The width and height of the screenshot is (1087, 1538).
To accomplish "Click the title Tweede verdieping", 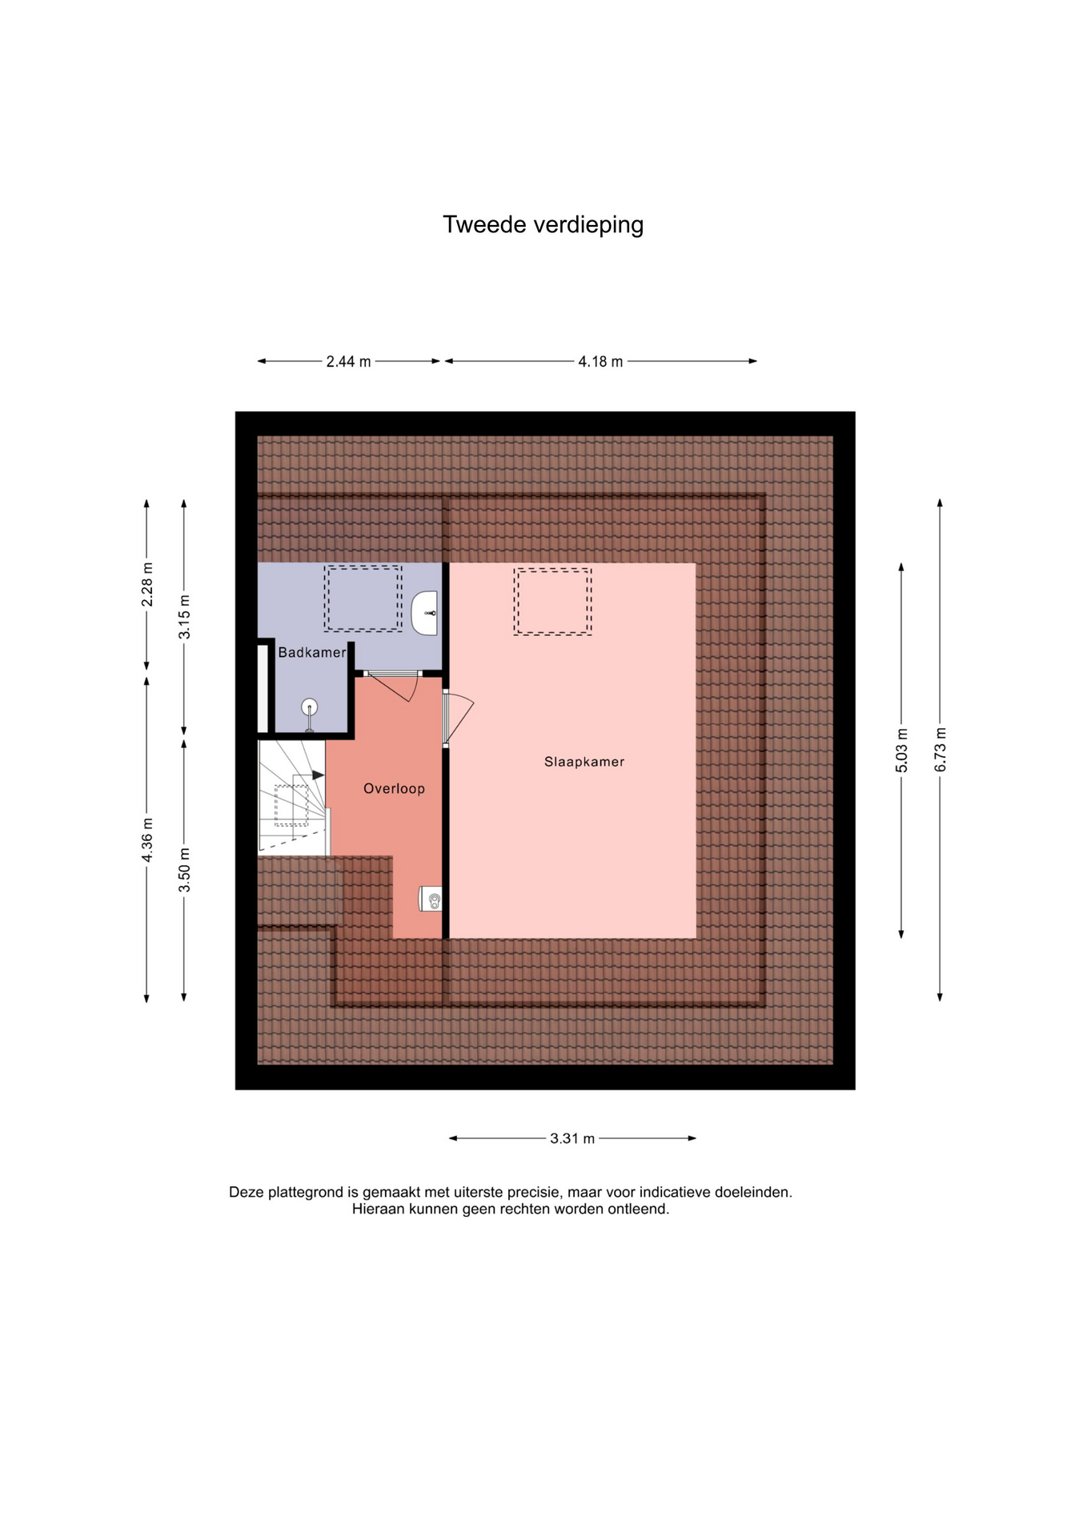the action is pos(543,225).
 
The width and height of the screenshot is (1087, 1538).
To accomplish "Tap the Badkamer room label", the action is pos(312,653).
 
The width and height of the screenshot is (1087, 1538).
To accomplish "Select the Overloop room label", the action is pos(394,789).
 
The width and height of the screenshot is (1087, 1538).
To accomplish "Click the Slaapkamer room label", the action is pos(584,762).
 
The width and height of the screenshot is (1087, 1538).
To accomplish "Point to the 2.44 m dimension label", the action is pos(348,362).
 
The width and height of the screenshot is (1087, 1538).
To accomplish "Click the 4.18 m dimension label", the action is pos(600,362).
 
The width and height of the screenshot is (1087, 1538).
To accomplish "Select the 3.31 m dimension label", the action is pos(572,1138).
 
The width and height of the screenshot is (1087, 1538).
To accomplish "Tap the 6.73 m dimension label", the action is pos(941,750).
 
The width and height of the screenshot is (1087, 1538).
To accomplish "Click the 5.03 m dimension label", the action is pos(902,751).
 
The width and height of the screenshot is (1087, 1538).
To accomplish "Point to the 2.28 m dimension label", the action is pos(147,585).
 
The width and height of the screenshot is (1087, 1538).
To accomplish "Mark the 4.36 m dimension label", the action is pos(147,840).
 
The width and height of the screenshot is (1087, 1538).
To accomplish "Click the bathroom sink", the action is pos(425,614).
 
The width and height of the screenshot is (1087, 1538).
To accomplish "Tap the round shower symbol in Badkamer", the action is pos(310,707).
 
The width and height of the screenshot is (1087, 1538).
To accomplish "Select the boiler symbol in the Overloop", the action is pos(431,899).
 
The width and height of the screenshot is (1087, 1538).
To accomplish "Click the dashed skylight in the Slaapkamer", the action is pos(552,602).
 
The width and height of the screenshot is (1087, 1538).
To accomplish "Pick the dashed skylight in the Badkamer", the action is pos(363,598).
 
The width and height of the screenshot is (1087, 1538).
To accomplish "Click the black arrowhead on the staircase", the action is pos(319,775).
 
